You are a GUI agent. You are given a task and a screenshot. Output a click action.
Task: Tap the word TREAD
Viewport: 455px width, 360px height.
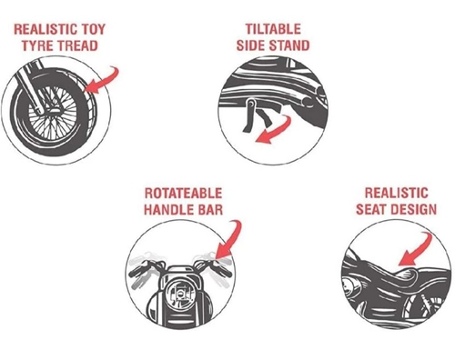[77, 45]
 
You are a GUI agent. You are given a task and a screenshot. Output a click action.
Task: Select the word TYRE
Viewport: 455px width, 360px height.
[37, 45]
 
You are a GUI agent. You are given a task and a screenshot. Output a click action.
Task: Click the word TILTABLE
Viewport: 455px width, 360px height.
[273, 29]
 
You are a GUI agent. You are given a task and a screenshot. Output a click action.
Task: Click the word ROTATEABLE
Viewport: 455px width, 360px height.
[183, 194]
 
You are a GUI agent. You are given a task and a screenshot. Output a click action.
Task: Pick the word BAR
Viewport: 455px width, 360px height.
[208, 209]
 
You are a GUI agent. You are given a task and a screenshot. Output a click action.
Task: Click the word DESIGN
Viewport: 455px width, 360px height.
[414, 209]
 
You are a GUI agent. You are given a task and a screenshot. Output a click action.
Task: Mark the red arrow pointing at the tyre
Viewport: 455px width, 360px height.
[104, 80]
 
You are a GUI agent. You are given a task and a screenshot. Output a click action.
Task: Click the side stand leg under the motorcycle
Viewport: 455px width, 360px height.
[249, 116]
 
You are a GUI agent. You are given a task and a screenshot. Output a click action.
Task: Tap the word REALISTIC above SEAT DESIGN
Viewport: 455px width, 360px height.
[397, 193]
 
